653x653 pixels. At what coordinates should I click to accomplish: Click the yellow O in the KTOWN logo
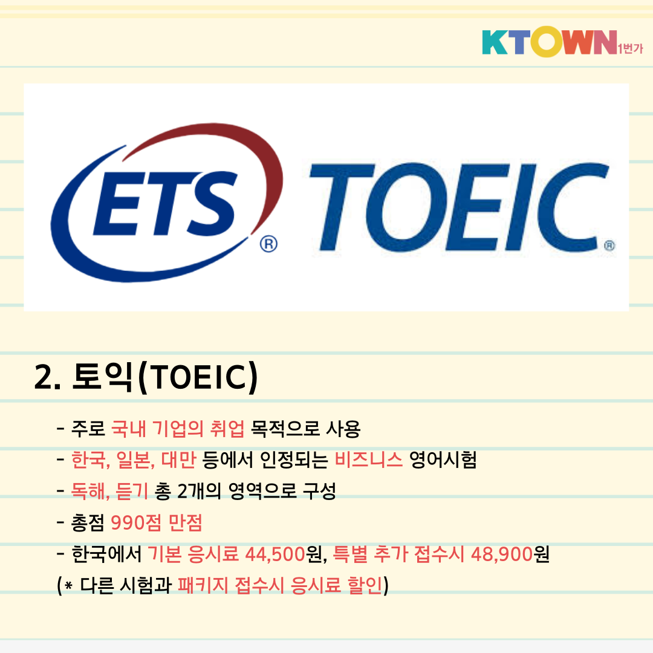click(x=547, y=42)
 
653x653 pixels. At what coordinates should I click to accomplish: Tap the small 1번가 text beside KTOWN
click(x=631, y=49)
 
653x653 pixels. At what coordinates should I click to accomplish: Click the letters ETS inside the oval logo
click(x=165, y=203)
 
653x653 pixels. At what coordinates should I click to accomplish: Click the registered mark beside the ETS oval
click(x=268, y=244)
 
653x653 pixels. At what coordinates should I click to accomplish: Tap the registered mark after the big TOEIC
click(x=609, y=245)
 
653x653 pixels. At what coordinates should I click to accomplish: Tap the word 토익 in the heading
click(x=102, y=377)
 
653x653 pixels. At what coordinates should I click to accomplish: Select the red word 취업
click(x=227, y=429)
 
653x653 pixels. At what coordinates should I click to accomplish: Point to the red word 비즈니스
click(x=369, y=460)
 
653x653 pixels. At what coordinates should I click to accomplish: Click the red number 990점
click(x=136, y=522)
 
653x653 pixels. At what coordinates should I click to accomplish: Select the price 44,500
click(x=275, y=554)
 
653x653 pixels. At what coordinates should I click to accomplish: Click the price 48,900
click(x=501, y=554)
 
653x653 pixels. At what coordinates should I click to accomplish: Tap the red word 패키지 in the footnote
click(x=203, y=585)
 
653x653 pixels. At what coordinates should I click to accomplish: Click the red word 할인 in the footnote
click(x=365, y=585)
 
